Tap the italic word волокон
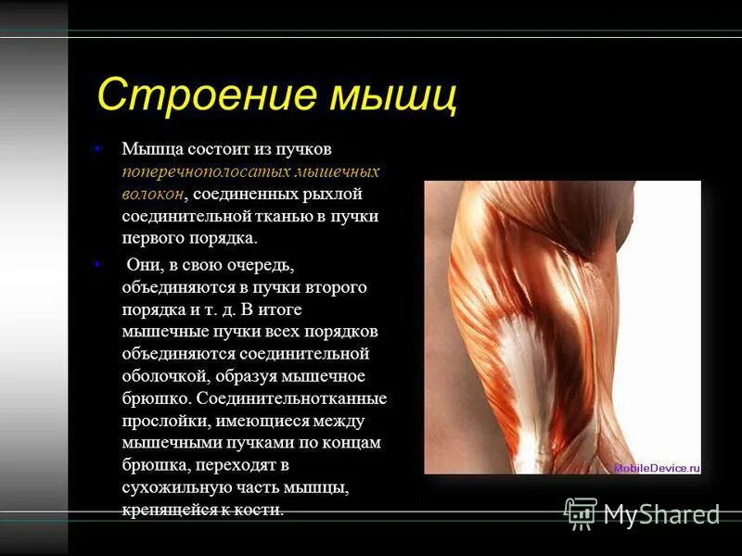(152, 194)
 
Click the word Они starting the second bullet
(141, 265)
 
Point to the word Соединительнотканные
(305, 398)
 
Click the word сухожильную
(172, 487)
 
